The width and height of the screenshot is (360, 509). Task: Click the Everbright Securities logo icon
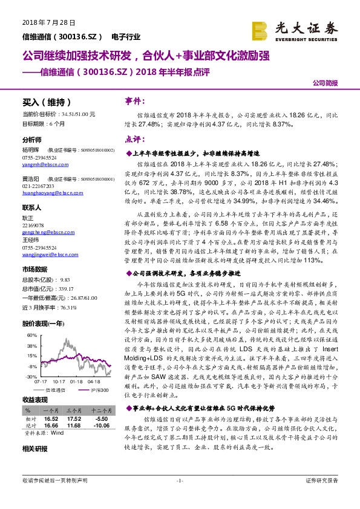pyautogui.click(x=261, y=29)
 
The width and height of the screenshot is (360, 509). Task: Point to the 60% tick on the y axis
pyautogui.click(x=31, y=332)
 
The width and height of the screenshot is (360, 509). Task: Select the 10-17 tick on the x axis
pyautogui.click(x=59, y=381)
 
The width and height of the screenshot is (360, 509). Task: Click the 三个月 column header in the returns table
pyautogui.click(x=74, y=409)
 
